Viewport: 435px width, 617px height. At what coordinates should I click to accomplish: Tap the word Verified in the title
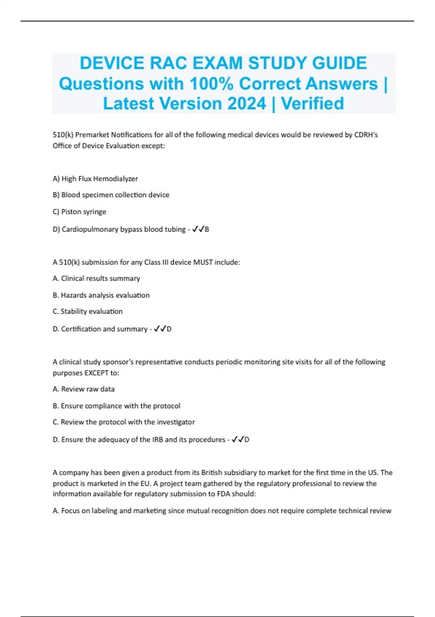[312, 103]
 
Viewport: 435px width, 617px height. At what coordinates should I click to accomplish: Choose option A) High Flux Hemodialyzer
[95, 179]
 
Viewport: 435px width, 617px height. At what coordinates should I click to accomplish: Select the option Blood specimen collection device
[111, 195]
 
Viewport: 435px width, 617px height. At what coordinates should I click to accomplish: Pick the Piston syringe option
[79, 212]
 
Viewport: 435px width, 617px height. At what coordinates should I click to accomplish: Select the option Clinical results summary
[96, 278]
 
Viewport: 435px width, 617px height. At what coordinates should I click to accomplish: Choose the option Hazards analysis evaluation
[101, 295]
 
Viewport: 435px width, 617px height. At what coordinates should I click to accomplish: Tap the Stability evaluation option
[87, 311]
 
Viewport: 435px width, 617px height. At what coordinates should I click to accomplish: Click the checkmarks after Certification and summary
[160, 329]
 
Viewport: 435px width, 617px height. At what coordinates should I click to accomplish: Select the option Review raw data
[83, 389]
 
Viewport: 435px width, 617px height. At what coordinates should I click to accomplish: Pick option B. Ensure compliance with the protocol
[116, 406]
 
